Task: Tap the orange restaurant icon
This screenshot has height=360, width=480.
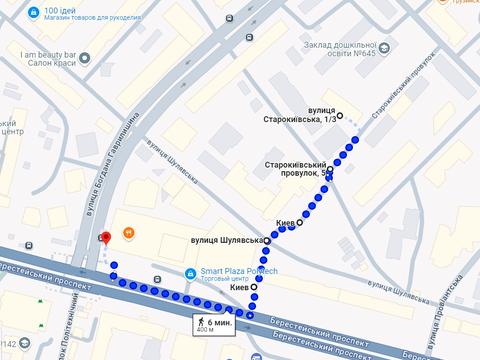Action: point(128,233)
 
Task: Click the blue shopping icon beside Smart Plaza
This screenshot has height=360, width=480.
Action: point(191,275)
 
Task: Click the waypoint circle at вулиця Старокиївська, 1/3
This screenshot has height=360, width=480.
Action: point(340,116)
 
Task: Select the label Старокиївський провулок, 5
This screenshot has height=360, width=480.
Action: point(292,169)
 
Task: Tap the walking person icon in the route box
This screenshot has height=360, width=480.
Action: point(204,321)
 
